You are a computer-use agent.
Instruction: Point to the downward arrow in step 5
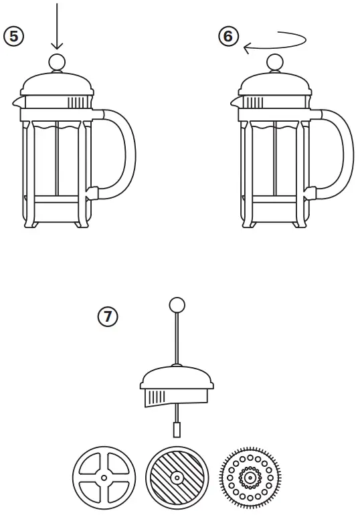coord(56,27)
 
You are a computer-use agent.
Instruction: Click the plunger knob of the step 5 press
coord(56,62)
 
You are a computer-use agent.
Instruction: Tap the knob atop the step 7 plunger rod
coord(177,306)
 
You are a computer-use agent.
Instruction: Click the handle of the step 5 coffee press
coord(124,154)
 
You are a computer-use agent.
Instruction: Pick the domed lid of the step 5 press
coord(56,86)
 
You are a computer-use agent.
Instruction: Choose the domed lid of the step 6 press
coord(274,86)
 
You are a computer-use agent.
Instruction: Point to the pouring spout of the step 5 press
coord(16,102)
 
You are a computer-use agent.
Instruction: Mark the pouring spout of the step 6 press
coord(235,102)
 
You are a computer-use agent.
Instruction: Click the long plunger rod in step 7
coord(177,338)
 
